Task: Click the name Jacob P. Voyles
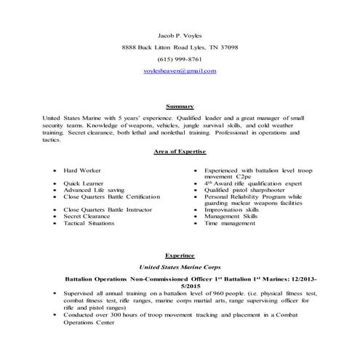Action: (180, 34)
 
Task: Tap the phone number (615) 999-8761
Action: (180, 59)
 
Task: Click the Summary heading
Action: (180, 106)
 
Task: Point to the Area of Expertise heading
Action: (180, 151)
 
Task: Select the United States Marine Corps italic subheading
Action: (180, 268)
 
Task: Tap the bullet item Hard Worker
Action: (81, 169)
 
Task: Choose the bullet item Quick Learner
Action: (82, 183)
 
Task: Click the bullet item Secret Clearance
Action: (87, 216)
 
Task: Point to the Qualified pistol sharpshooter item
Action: (244, 190)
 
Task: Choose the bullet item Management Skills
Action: (232, 216)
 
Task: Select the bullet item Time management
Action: (231, 223)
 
